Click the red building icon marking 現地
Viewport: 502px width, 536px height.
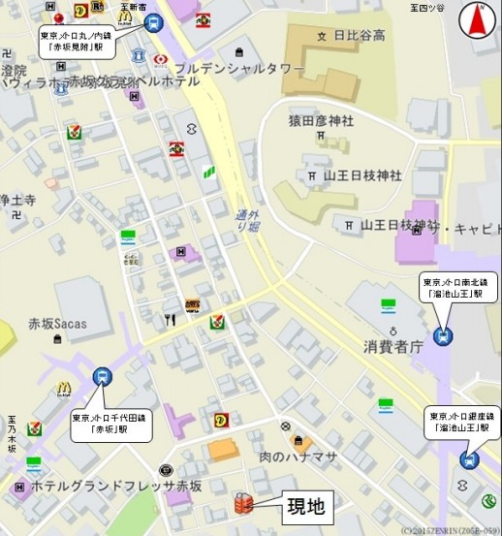point(243,504)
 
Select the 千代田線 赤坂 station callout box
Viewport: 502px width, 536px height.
point(99,424)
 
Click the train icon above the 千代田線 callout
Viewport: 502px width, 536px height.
point(102,377)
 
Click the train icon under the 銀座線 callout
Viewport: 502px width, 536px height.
point(470,459)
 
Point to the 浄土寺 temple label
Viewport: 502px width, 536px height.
point(17,201)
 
